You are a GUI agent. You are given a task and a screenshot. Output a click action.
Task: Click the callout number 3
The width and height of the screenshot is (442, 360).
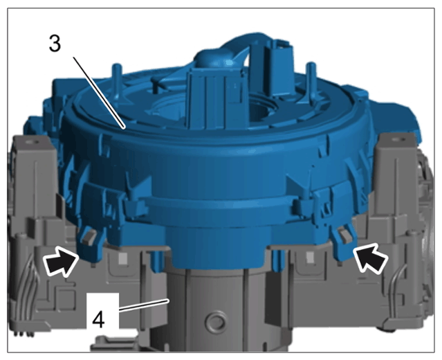click(55, 43)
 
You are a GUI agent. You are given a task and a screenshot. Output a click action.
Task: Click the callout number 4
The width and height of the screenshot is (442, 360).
click(98, 319)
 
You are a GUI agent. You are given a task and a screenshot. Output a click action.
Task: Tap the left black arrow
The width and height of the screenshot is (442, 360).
click(61, 260)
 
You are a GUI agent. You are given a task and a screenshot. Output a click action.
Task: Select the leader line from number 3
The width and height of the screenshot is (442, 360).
click(99, 93)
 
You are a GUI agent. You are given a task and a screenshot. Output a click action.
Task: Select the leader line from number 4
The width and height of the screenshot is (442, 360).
click(143, 306)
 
